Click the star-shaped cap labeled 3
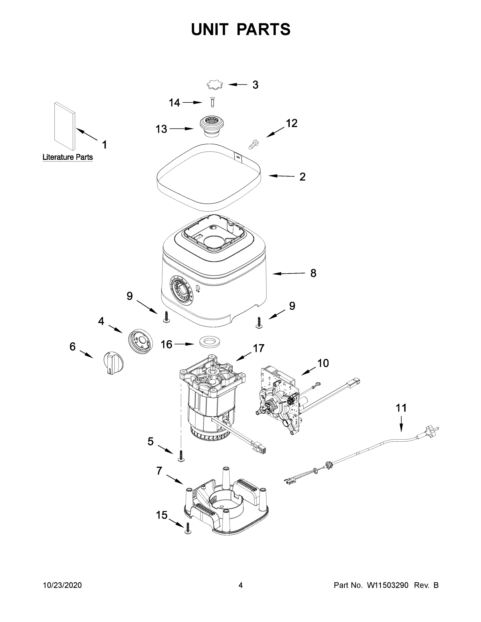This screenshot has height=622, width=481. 214,85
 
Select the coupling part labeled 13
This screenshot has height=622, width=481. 211,126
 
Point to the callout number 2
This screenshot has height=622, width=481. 302,177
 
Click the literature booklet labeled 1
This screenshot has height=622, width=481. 65,126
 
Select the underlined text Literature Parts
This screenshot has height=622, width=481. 67,157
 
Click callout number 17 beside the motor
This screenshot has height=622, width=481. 259,348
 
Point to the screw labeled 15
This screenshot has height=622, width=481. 188,529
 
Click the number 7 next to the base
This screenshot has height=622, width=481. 159,471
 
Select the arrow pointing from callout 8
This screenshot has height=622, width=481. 288,273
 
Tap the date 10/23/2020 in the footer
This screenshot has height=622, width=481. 62,585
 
